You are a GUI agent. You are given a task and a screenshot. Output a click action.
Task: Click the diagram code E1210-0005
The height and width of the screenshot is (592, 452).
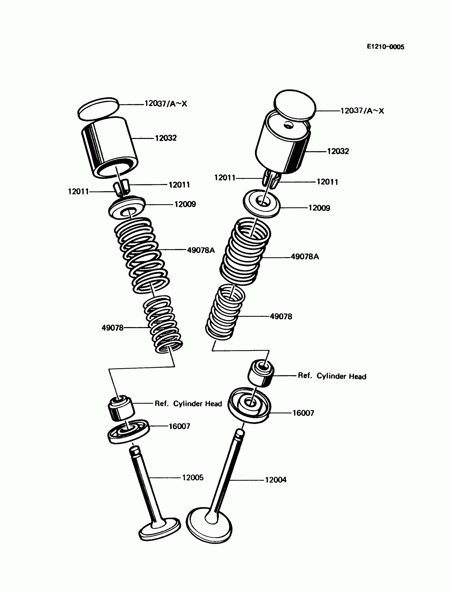[385, 47]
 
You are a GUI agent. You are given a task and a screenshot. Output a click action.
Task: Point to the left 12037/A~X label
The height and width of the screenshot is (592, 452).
[165, 104]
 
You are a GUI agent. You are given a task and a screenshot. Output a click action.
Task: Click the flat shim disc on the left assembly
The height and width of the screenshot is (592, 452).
[98, 109]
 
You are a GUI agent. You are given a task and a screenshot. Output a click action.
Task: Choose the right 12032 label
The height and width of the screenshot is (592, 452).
[338, 151]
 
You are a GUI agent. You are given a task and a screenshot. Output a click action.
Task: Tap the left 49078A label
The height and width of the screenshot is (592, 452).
[201, 250]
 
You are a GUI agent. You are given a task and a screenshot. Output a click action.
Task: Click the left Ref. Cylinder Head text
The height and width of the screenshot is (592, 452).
[188, 403]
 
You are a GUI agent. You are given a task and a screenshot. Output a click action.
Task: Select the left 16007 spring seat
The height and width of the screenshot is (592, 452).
[128, 431]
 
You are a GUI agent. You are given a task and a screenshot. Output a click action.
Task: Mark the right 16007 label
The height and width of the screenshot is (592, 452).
[303, 413]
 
